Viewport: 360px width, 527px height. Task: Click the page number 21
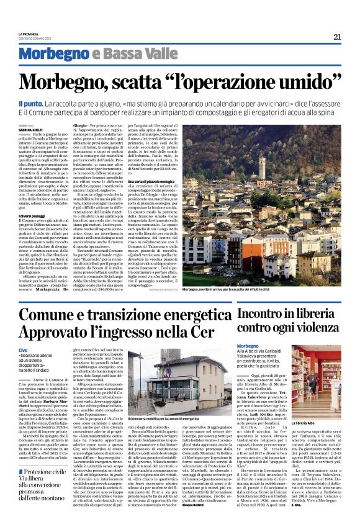click(x=337, y=37)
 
